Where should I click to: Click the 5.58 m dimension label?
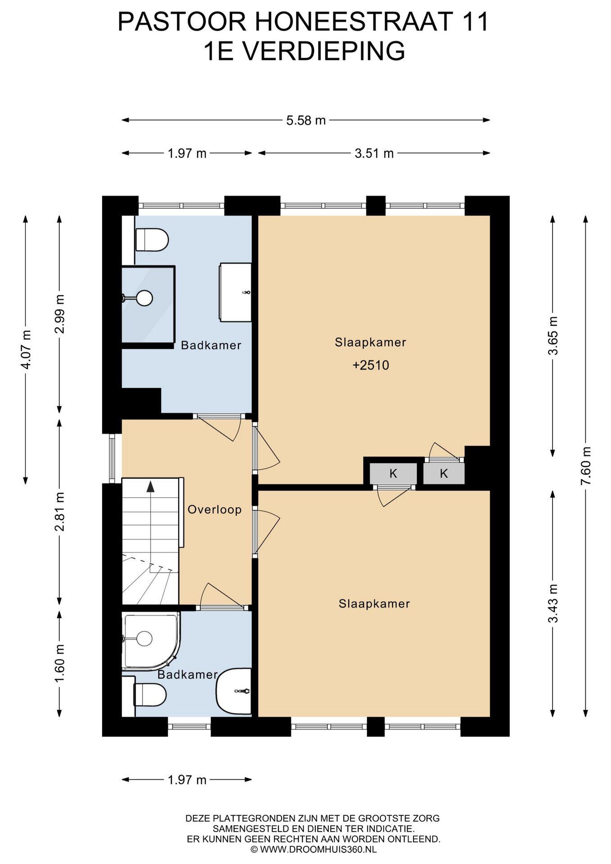click(306, 121)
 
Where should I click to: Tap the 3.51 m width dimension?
click(374, 153)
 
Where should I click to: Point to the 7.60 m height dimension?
click(585, 465)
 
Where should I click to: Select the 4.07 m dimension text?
click(26, 349)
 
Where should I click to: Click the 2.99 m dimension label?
click(59, 314)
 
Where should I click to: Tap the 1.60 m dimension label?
click(59, 663)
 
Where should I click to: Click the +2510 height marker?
click(371, 365)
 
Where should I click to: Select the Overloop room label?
click(215, 509)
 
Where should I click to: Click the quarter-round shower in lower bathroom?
click(151, 640)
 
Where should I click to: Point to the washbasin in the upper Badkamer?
click(235, 292)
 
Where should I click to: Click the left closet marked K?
click(393, 473)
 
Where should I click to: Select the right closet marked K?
click(444, 473)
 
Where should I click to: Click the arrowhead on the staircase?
click(151, 486)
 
